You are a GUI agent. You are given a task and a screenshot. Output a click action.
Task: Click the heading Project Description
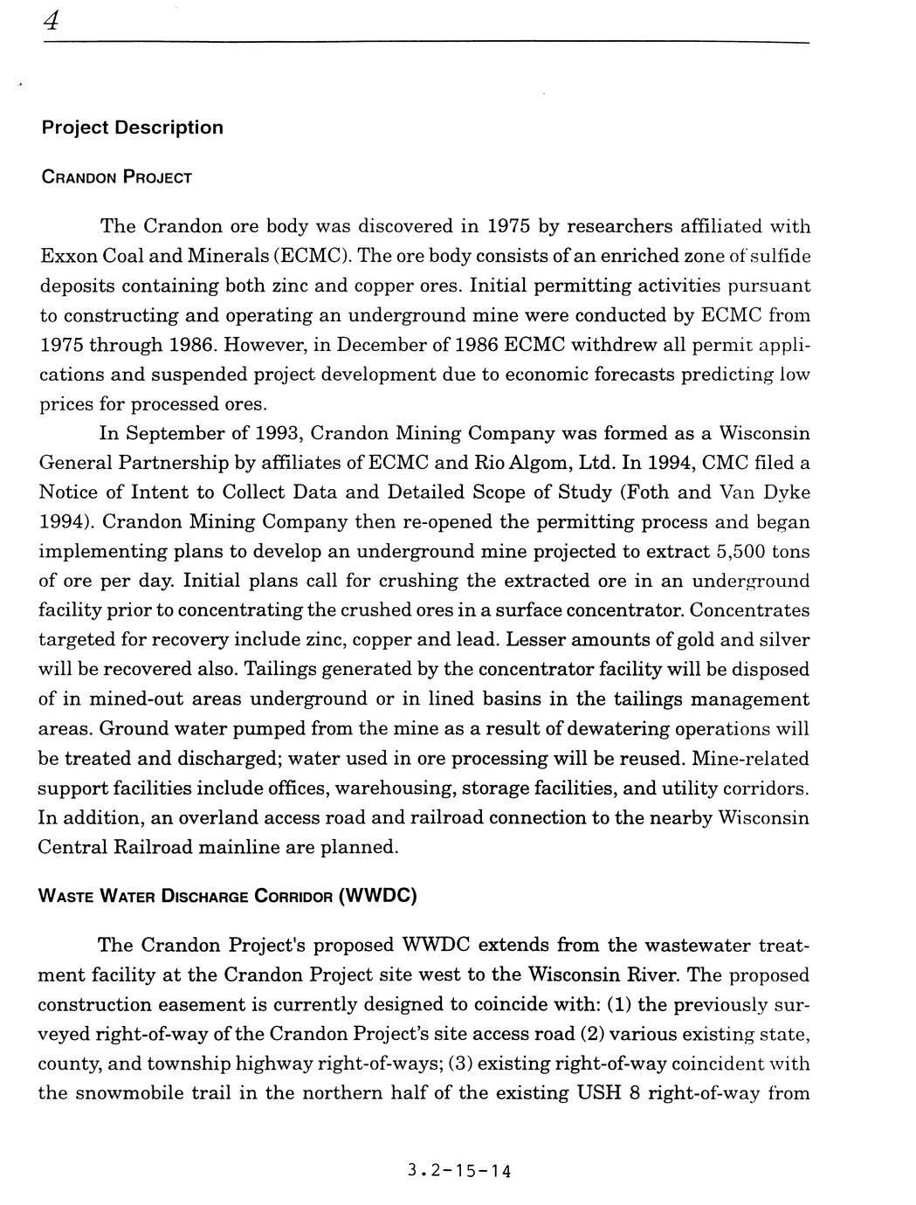[x=132, y=127]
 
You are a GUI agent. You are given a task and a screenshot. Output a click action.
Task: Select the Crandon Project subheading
[x=116, y=177]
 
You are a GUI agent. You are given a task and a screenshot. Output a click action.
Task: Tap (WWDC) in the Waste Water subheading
[x=376, y=897]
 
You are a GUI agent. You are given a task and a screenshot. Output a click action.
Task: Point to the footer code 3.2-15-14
[x=458, y=1171]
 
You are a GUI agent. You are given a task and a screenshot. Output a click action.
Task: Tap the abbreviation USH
[x=598, y=1093]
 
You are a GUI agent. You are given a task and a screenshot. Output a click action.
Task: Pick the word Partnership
[x=175, y=464]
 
